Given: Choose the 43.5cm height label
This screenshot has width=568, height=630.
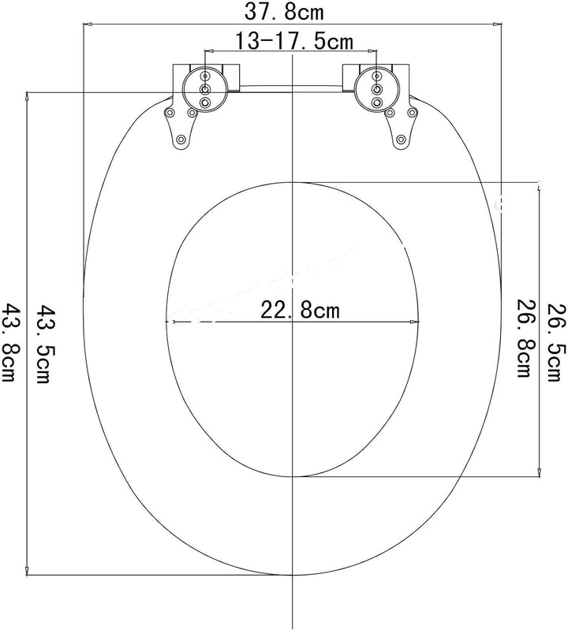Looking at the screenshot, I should click(45, 343).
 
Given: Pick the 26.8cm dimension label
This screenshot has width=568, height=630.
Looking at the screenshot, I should click(521, 337).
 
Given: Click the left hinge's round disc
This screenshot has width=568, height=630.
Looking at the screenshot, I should click(205, 90).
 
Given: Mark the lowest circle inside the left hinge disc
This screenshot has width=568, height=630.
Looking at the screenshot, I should click(205, 103).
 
